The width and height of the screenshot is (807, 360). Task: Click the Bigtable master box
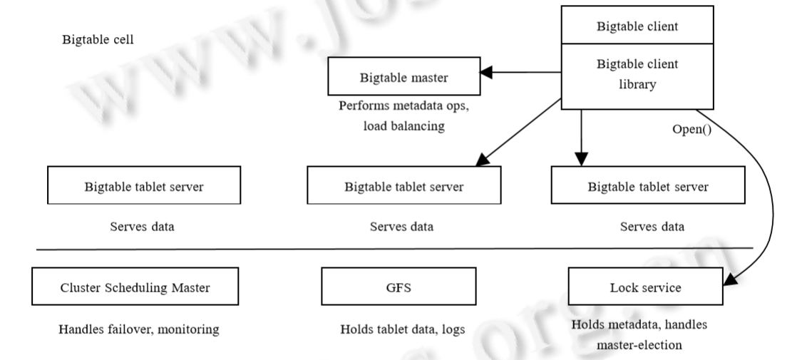coord(404,78)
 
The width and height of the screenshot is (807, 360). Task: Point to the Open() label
coord(692,132)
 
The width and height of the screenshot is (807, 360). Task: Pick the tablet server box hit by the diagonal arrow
coord(404,187)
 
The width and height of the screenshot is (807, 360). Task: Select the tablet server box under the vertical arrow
coord(648,187)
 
